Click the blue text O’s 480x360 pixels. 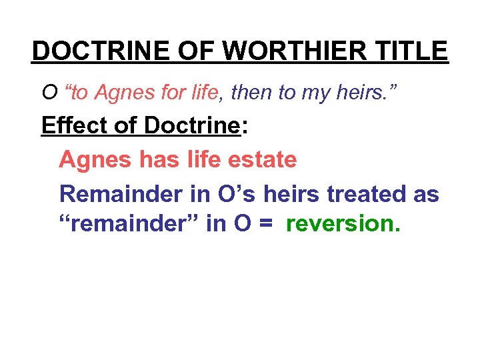[x=233, y=194]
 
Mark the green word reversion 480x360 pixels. [x=343, y=225]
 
